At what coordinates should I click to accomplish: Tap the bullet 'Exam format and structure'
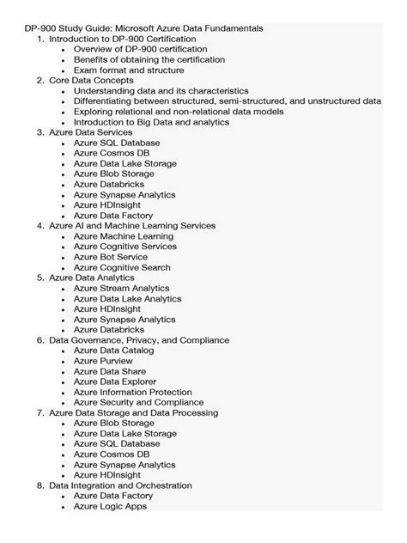point(128,70)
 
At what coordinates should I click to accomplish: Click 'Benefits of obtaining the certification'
point(149,59)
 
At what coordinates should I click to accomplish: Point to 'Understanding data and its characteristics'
point(161,90)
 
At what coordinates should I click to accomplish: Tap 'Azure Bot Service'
point(110,257)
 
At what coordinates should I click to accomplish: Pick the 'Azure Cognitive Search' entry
point(121,267)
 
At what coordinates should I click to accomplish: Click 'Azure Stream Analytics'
point(121,288)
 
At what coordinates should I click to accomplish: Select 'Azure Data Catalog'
point(113,351)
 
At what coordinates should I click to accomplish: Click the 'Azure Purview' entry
point(101,361)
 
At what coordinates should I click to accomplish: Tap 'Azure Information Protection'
point(132,392)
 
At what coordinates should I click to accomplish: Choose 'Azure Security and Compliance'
point(138,402)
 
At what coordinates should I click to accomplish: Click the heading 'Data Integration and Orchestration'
point(120,485)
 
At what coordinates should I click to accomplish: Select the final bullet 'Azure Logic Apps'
point(110,506)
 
